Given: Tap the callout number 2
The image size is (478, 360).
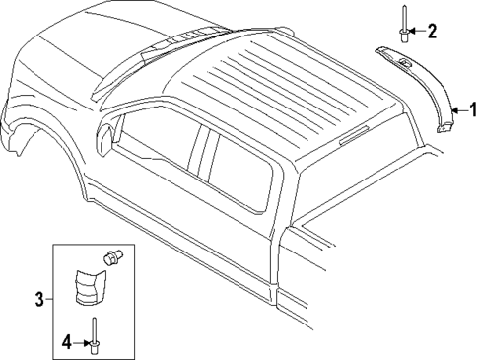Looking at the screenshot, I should [431, 32].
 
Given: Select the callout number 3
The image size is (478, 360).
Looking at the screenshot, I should [39, 299].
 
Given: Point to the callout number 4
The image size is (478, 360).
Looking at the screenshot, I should [67, 343].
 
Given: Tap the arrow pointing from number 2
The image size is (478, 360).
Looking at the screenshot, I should [419, 32].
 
